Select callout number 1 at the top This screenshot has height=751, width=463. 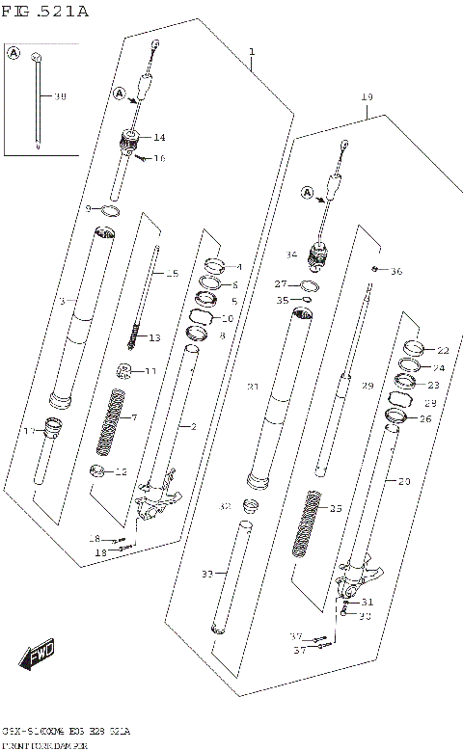pos(251,51)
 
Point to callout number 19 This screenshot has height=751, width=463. pos(367,97)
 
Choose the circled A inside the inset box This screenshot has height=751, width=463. pos(14,54)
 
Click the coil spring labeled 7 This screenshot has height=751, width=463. pos(111,420)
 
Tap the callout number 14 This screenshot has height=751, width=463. pos(159,138)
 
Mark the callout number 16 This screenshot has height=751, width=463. pos(159,158)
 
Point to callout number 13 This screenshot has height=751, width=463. pos(155,337)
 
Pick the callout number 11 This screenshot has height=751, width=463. pos(150,371)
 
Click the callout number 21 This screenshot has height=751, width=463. pos(253,388)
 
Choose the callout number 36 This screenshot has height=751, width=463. pos(395,272)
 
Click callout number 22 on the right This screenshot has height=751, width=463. pos(442,350)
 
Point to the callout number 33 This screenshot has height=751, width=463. pos(205,575)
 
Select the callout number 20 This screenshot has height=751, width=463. pos(403,481)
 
